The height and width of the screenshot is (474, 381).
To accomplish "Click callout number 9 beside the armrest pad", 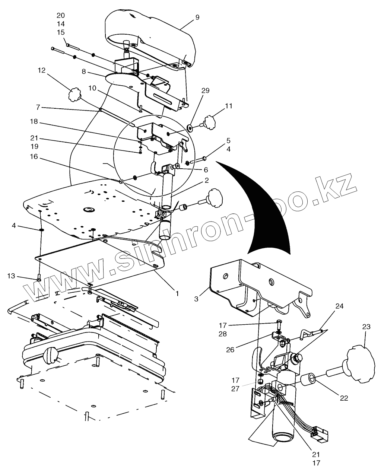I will click(197, 18).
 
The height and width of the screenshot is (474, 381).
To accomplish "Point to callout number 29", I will click(206, 90).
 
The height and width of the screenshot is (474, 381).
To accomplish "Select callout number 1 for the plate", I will click(177, 293).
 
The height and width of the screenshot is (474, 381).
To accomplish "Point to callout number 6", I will click(206, 170).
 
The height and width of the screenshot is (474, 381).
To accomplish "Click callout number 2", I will click(206, 180).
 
